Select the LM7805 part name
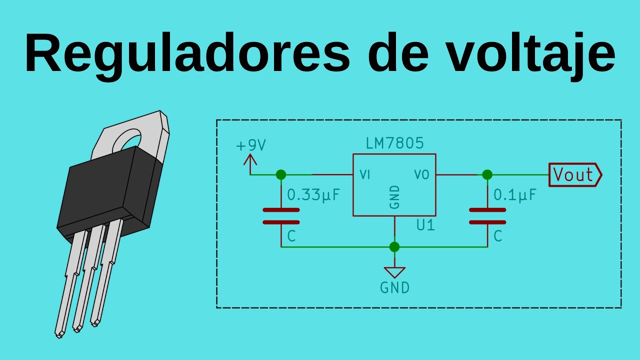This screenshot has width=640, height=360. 394,144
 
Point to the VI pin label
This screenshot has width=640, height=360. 364,175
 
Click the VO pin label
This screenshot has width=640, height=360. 421,175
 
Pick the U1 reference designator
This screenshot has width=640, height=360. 425,225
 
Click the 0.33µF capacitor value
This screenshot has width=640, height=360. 313,195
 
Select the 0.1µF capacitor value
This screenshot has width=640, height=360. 515,195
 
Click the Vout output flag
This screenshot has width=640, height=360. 574,175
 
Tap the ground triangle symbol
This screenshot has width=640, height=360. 394,272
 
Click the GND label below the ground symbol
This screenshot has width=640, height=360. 394,287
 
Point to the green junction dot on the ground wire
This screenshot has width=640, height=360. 394,246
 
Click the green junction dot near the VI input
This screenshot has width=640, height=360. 281,174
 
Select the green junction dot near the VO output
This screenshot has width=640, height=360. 487,174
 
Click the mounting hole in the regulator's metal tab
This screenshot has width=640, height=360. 127,139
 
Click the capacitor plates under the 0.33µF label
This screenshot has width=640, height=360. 281,216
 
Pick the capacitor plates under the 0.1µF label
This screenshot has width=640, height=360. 487,216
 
